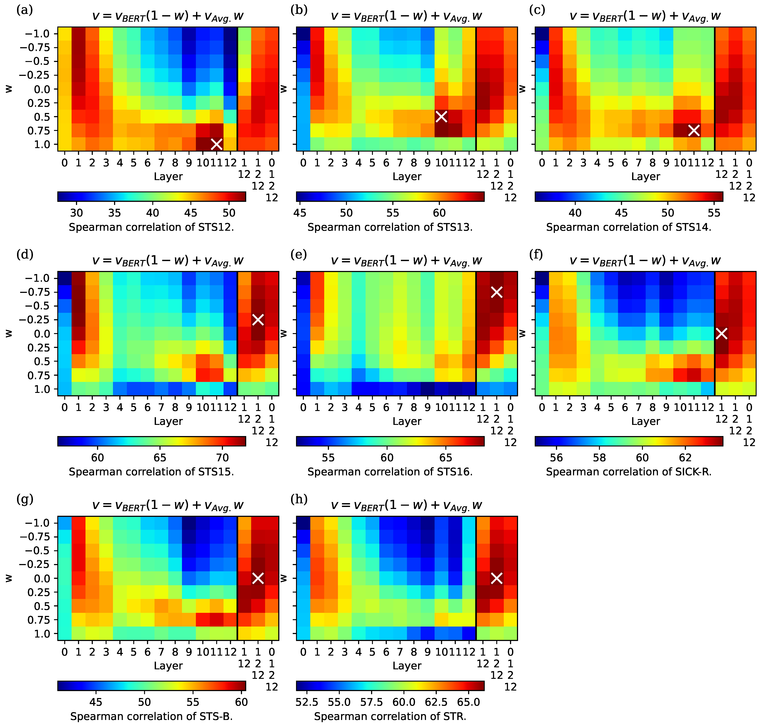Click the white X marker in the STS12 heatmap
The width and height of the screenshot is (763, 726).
point(217,144)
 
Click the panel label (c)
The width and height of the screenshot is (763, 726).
point(537,10)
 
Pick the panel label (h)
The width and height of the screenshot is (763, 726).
point(299,499)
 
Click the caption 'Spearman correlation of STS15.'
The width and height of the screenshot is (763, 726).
point(151,472)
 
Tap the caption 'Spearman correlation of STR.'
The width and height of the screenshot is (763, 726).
point(390,716)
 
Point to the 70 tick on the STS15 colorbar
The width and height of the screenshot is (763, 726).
point(222,458)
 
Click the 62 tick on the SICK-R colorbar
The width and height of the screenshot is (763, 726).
point(685,458)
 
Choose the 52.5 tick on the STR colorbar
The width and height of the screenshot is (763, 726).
point(307,702)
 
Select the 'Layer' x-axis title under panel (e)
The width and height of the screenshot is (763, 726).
point(407,421)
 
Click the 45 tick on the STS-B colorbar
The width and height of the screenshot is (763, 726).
point(96,702)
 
